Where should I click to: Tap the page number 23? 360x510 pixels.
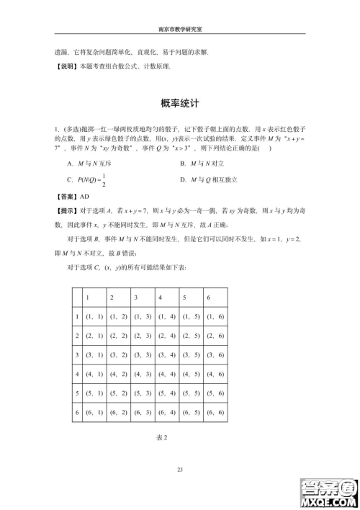coord(180,470)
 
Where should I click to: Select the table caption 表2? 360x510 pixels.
coord(162,437)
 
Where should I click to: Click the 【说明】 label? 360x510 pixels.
coord(66,67)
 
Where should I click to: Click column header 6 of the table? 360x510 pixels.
coord(209,297)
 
